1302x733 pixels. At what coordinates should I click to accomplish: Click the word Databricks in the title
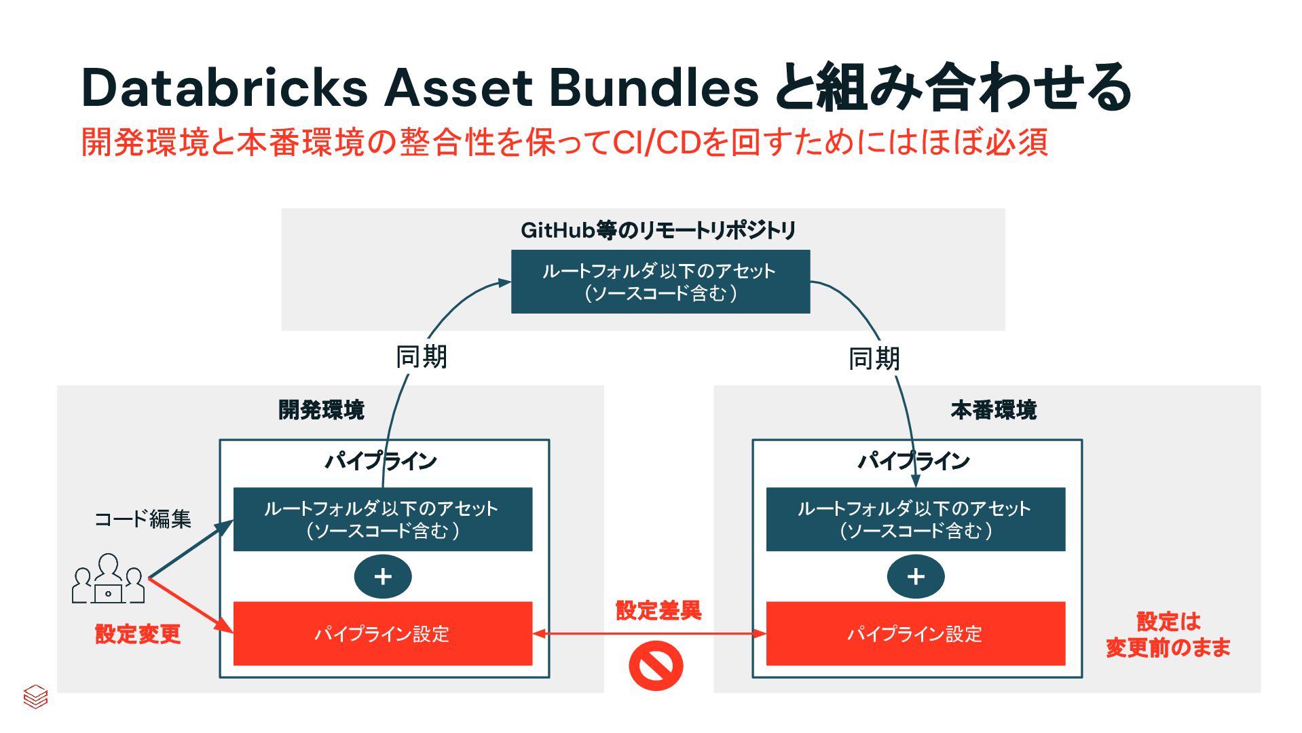pyautogui.click(x=224, y=88)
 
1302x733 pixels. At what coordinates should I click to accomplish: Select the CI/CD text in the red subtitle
pyautogui.click(x=656, y=143)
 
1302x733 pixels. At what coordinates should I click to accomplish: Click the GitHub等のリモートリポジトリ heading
pyautogui.click(x=658, y=231)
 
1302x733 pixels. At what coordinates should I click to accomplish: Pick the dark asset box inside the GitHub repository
pyautogui.click(x=660, y=282)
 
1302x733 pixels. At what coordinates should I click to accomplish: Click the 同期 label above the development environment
pyautogui.click(x=422, y=357)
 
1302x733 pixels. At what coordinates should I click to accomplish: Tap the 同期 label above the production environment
pyautogui.click(x=874, y=358)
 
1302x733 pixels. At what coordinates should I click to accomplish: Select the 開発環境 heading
pyautogui.click(x=322, y=410)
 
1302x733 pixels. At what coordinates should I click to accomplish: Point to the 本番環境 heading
pyautogui.click(x=993, y=410)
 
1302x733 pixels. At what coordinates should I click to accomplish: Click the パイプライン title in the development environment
pyautogui.click(x=381, y=462)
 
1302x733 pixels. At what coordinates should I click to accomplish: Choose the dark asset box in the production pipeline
pyautogui.click(x=915, y=519)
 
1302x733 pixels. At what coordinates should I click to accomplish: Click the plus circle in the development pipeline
pyautogui.click(x=383, y=577)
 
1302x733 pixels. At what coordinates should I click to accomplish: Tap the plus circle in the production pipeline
pyautogui.click(x=916, y=577)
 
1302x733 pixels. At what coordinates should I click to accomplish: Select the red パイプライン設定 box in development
pyautogui.click(x=382, y=634)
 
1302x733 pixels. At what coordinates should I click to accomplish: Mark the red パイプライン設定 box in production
pyautogui.click(x=915, y=634)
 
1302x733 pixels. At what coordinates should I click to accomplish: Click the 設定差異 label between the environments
pyautogui.click(x=658, y=610)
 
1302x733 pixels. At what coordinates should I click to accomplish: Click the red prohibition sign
pyautogui.click(x=656, y=666)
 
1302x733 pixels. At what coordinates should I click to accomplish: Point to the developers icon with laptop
pyautogui.click(x=109, y=580)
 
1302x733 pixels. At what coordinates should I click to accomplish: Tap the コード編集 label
pyautogui.click(x=143, y=519)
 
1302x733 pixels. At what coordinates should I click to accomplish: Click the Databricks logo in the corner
pyautogui.click(x=35, y=696)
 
